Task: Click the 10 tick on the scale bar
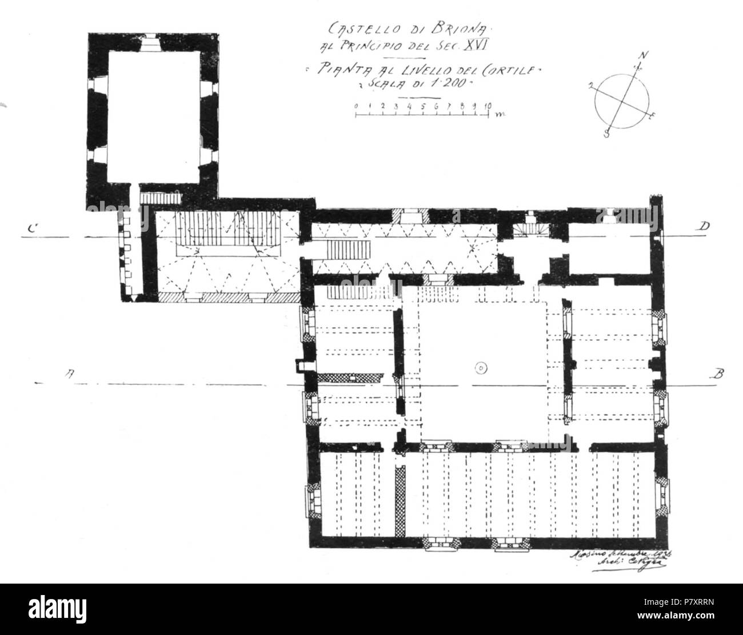(488, 106)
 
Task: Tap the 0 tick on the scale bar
(355, 106)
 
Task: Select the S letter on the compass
(607, 134)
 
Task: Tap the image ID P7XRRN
(672, 604)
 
